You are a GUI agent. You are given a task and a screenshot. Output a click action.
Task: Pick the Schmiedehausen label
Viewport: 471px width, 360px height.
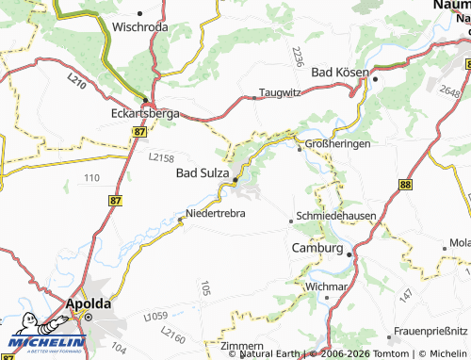336,216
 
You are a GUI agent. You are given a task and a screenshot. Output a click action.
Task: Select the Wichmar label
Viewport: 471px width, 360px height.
326,285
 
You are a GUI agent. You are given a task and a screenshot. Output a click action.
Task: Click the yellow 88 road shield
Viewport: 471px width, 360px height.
405,187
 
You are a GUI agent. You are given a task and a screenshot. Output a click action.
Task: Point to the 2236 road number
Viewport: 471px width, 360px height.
297,56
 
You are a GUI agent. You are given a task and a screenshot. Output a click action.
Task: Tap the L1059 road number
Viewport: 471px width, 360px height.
154,315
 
